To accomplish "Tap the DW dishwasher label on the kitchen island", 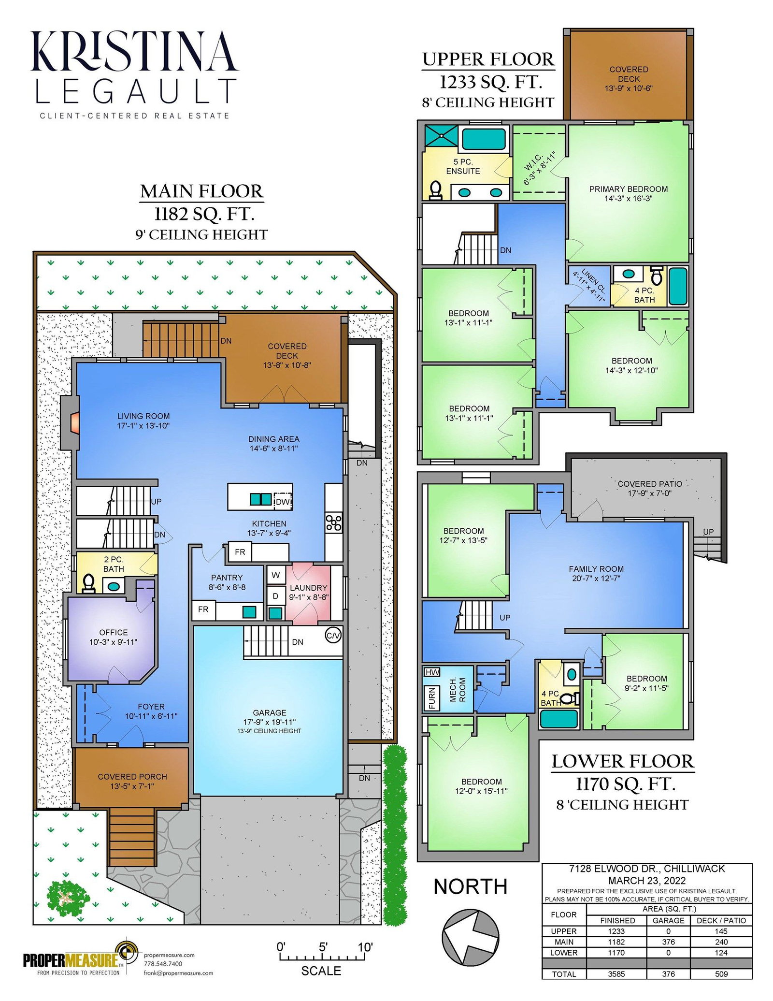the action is (x=283, y=502).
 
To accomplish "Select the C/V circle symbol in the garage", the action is (x=333, y=635).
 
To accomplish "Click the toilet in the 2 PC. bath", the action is (x=88, y=583).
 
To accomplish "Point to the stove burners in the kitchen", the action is (x=333, y=522).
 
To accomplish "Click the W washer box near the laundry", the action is (x=275, y=575).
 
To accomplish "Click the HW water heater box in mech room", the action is (x=432, y=672).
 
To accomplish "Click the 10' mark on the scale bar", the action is (x=365, y=947).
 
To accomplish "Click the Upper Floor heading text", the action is (x=488, y=59).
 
